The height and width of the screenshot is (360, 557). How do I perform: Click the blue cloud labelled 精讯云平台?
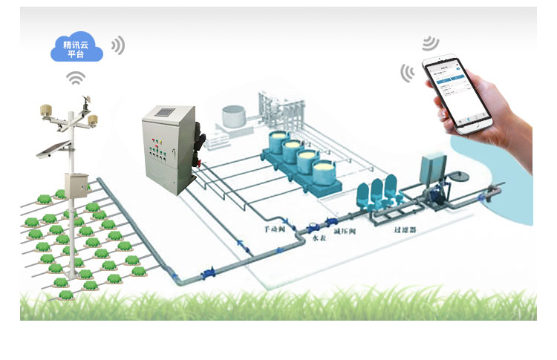76,48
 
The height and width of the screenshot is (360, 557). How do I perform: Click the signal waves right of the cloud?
117,45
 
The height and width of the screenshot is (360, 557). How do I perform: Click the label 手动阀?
276,231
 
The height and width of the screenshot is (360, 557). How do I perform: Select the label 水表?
319,238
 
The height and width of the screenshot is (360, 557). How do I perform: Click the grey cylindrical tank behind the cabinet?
236,115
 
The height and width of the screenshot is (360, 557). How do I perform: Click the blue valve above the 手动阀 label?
293,224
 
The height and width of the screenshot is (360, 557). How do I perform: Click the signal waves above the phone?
430,42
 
